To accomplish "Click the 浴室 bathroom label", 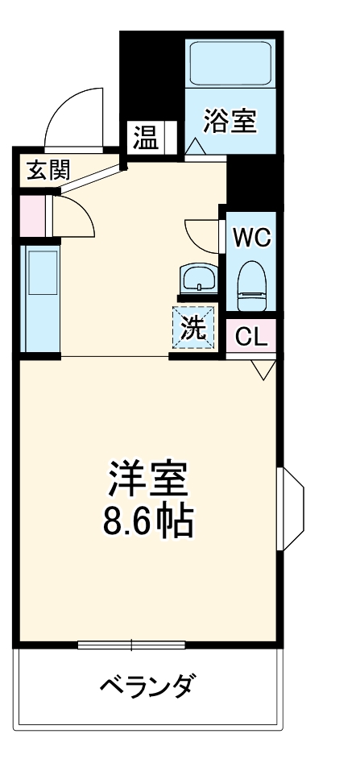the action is (230, 121).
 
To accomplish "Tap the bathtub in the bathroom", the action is (230, 64).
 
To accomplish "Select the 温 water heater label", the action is (147, 138).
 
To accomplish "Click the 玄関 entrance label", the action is (48, 170).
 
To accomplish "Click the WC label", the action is (251, 238).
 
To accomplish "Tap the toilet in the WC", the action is (251, 286).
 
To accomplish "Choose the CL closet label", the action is (251, 336).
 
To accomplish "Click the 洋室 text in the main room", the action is (147, 479).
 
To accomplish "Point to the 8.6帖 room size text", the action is (147, 520).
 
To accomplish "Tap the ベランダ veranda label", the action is (148, 686).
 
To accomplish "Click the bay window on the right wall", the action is (290, 509).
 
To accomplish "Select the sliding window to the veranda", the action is (131, 645).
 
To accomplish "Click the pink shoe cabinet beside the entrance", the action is (32, 216).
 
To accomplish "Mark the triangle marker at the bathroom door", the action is (195, 147).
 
